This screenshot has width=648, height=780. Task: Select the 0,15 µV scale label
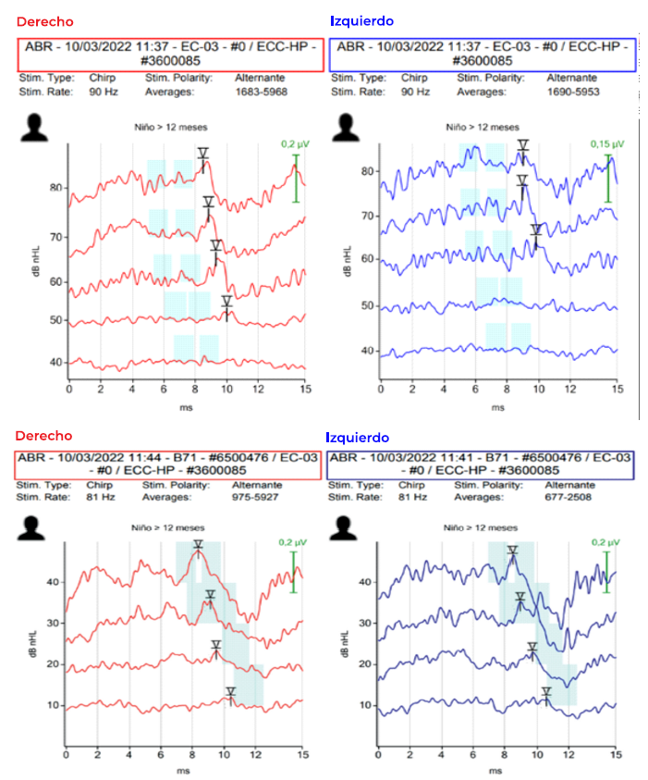pyautogui.click(x=607, y=144)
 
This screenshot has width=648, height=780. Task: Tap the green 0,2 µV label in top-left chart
pyautogui.click(x=296, y=144)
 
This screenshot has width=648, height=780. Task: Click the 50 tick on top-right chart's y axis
pyautogui.click(x=367, y=304)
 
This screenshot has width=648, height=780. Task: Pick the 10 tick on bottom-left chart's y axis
pyautogui.click(x=52, y=705)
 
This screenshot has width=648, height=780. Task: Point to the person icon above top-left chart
pyautogui.click(x=34, y=127)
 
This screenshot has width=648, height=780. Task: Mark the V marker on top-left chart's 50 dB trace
pyautogui.click(x=226, y=303)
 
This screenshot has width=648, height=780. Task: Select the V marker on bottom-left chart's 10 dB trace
pyautogui.click(x=230, y=693)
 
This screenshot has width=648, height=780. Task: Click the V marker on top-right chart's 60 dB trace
pyautogui.click(x=535, y=230)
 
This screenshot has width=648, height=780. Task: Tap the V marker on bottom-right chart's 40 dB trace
pyautogui.click(x=512, y=552)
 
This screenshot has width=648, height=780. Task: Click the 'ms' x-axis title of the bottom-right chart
pyautogui.click(x=497, y=770)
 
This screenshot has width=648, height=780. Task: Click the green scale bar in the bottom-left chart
pyautogui.click(x=294, y=572)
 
